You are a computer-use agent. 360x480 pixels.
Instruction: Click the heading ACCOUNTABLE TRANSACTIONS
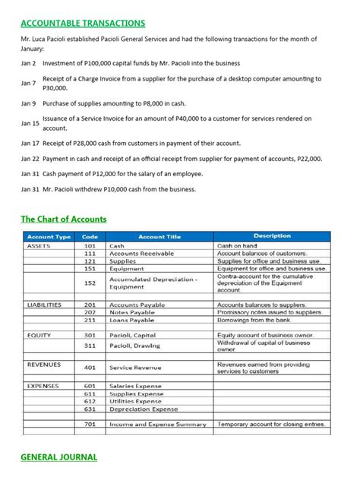click(83, 24)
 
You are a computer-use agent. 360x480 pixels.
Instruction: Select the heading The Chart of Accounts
click(63, 219)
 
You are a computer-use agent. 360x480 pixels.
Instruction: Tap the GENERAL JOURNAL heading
click(58, 458)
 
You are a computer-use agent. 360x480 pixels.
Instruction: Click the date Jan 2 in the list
click(29, 62)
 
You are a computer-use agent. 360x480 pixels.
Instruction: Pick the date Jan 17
click(30, 143)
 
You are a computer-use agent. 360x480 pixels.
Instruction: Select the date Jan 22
click(30, 159)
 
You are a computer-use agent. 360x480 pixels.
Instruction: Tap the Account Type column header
click(49, 236)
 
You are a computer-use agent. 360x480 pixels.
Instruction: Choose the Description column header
click(272, 236)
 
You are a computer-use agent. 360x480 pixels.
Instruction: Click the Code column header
click(90, 236)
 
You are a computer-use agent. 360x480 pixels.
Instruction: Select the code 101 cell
click(90, 246)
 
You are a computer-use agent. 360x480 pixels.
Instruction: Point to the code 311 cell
click(90, 346)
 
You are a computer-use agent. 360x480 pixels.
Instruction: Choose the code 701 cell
click(90, 424)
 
